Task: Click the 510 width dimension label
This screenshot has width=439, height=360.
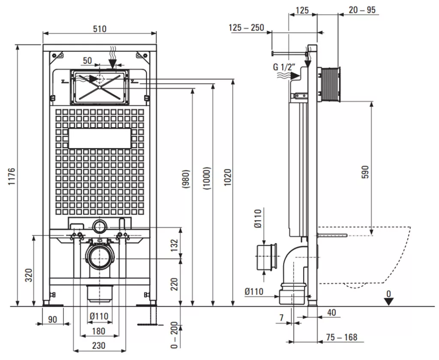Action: pos(99,29)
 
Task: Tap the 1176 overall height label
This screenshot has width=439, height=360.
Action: pos(12,176)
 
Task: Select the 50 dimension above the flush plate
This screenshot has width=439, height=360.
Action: pos(87,61)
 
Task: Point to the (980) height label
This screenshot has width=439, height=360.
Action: pos(186,179)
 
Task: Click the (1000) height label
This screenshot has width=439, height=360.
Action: pos(207,179)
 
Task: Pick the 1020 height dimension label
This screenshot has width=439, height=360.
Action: pos(228,177)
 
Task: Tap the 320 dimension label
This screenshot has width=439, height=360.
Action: pos(29,275)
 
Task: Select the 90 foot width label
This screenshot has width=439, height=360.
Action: pos(52,319)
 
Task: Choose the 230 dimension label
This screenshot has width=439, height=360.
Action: pos(99,345)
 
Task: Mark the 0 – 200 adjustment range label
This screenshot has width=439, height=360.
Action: pos(174,335)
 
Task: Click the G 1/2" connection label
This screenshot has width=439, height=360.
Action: pos(284,67)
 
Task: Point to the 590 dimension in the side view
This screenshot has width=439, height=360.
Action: pos(365,172)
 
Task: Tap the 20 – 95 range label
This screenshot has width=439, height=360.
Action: pos(362,10)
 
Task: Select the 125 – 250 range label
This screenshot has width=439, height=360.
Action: pos(247,27)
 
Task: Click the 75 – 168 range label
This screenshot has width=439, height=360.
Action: pos(342,337)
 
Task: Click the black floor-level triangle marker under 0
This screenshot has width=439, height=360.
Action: pos(388,302)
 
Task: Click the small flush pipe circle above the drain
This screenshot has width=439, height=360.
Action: pos(99,227)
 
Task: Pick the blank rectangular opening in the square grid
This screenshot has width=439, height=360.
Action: pos(100,139)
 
